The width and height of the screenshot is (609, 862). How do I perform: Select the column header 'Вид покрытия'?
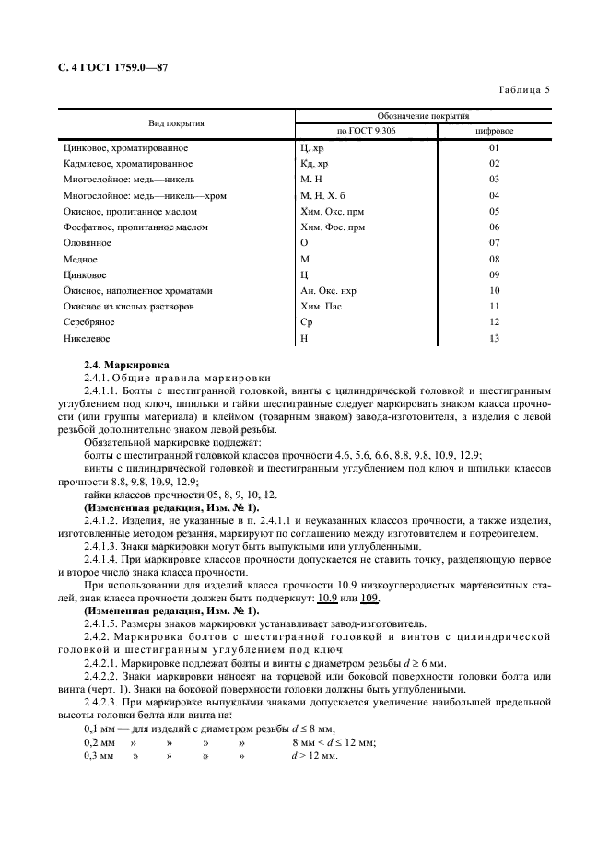tap(177, 122)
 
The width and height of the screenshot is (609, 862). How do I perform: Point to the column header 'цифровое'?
tap(494, 131)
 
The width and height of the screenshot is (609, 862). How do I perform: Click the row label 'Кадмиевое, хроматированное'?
tap(125, 163)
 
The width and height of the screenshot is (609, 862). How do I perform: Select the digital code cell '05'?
tap(494, 211)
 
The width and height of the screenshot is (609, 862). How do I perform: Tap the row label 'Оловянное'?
tap(87, 242)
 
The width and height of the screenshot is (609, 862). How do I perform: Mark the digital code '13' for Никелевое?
tap(494, 338)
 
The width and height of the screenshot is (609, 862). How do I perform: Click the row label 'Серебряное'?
tap(89, 322)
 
